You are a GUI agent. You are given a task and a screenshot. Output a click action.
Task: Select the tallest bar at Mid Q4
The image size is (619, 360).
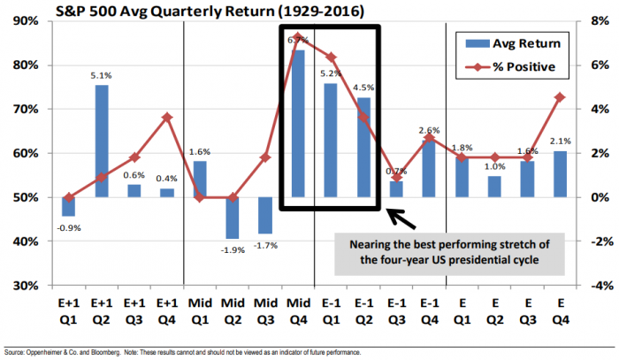point(298,124)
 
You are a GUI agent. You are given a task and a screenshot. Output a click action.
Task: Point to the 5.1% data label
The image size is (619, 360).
point(103,75)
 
